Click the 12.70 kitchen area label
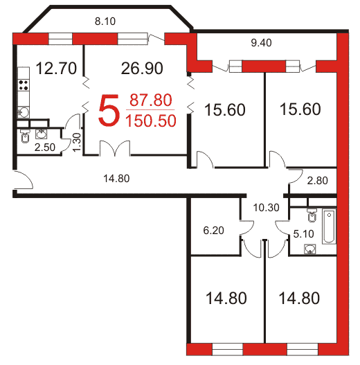[56, 68]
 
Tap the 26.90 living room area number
[142, 68]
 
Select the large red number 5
[109, 111]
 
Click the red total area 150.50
[150, 121]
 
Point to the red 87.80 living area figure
[150, 100]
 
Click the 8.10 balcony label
[105, 21]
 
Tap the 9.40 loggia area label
[261, 43]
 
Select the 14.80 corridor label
[116, 179]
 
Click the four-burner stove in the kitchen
[24, 85]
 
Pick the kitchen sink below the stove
[24, 112]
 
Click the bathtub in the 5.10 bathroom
[329, 226]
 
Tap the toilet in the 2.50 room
[25, 136]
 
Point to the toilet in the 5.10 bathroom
[312, 215]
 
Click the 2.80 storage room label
[317, 181]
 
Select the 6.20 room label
[213, 231]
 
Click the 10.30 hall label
[266, 208]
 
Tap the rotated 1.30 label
[77, 142]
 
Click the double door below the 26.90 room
[115, 148]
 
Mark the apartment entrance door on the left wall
[24, 180]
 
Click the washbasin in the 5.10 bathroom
[310, 249]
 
